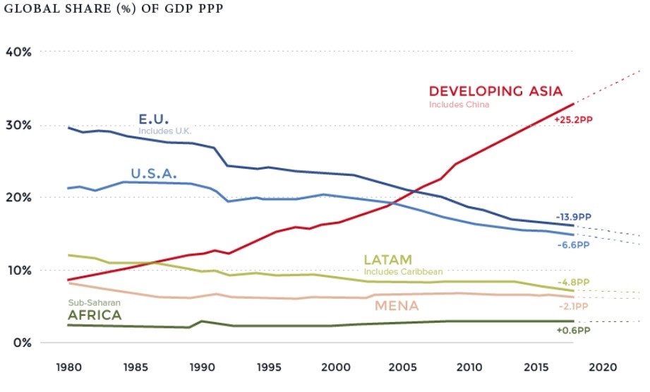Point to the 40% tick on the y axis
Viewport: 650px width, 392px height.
click(x=18, y=52)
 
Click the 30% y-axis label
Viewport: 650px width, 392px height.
click(x=18, y=125)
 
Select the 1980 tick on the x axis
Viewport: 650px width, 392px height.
click(x=68, y=368)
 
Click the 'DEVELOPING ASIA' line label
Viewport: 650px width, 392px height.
click(x=495, y=91)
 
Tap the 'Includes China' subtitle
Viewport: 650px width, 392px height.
click(x=459, y=105)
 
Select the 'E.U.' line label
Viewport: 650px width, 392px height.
click(x=154, y=118)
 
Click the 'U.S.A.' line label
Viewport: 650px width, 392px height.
click(x=153, y=173)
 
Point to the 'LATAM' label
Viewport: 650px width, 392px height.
click(x=387, y=260)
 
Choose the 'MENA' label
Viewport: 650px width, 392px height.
click(x=397, y=306)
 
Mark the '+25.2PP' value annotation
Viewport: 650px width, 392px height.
click(x=573, y=120)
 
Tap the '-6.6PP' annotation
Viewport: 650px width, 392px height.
click(x=572, y=244)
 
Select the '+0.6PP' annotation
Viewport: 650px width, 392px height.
click(x=572, y=329)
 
